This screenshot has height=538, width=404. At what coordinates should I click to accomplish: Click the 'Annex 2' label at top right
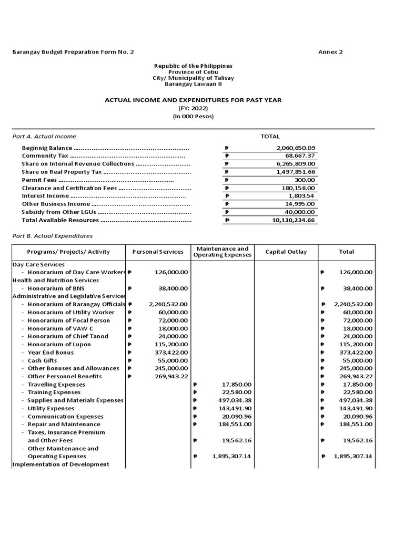330,52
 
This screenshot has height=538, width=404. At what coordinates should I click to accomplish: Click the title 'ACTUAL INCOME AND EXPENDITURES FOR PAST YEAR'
193,100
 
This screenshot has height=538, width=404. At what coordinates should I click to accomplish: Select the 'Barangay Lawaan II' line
193,84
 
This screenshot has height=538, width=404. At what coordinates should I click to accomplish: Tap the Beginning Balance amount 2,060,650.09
296,148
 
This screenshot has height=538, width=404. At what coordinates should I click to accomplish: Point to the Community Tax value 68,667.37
300,156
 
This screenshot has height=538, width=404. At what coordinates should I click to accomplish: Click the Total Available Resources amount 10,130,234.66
294,220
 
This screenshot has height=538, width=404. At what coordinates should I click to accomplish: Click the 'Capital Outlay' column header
286,252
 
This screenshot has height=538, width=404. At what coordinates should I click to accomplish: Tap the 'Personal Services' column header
158,252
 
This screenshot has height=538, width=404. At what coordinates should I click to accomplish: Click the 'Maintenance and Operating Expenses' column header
222,252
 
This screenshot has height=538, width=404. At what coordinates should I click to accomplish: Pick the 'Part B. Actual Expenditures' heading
52,236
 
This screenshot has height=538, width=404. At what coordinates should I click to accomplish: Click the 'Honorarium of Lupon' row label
59,345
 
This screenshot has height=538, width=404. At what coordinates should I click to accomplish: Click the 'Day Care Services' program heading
38,264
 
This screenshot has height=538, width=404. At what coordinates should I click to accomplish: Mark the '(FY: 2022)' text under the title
193,108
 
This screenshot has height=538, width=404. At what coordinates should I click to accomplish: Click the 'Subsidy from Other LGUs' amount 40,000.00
300,212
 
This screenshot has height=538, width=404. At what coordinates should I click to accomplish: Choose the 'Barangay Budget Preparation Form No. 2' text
73,52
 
